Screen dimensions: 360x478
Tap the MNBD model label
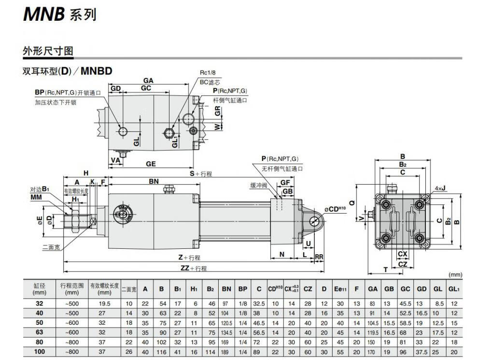(x=97, y=71)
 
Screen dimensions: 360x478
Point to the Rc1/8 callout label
(x=210, y=72)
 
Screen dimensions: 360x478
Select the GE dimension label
(x=151, y=164)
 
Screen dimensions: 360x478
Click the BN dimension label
(x=154, y=181)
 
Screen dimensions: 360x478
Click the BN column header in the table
(x=226, y=289)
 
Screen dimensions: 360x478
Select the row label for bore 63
(x=39, y=332)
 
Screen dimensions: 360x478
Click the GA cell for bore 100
(x=373, y=352)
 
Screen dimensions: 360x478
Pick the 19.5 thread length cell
(x=104, y=303)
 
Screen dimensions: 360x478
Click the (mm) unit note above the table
(x=455, y=274)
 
